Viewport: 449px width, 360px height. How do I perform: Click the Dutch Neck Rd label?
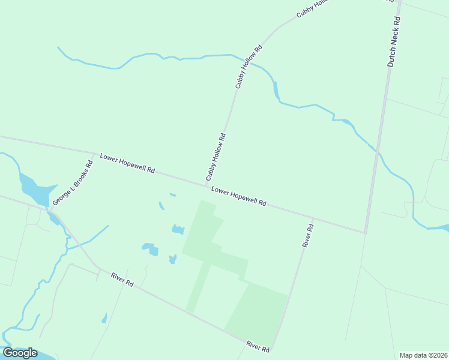point(393,41)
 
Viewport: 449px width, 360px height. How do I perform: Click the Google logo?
point(20,353)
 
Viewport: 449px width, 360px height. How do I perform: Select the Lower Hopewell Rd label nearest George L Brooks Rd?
point(127,163)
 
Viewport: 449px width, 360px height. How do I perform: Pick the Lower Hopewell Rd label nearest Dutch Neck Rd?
point(239,197)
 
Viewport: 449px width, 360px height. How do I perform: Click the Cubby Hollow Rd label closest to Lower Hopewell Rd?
point(215,157)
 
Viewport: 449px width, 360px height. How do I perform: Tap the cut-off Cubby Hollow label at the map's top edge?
point(313,9)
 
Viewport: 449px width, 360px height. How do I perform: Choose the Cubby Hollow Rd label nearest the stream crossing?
point(249,67)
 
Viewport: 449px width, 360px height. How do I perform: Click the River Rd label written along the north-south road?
point(308,235)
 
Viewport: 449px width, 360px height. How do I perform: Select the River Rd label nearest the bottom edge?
point(258,346)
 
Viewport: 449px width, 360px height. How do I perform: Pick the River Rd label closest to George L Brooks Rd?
point(122,279)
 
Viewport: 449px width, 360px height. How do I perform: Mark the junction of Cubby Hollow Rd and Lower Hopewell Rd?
point(201,184)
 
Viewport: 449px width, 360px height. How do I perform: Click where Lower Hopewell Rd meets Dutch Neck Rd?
point(365,232)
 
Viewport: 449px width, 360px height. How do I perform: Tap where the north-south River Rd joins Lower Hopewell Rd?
point(313,218)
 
